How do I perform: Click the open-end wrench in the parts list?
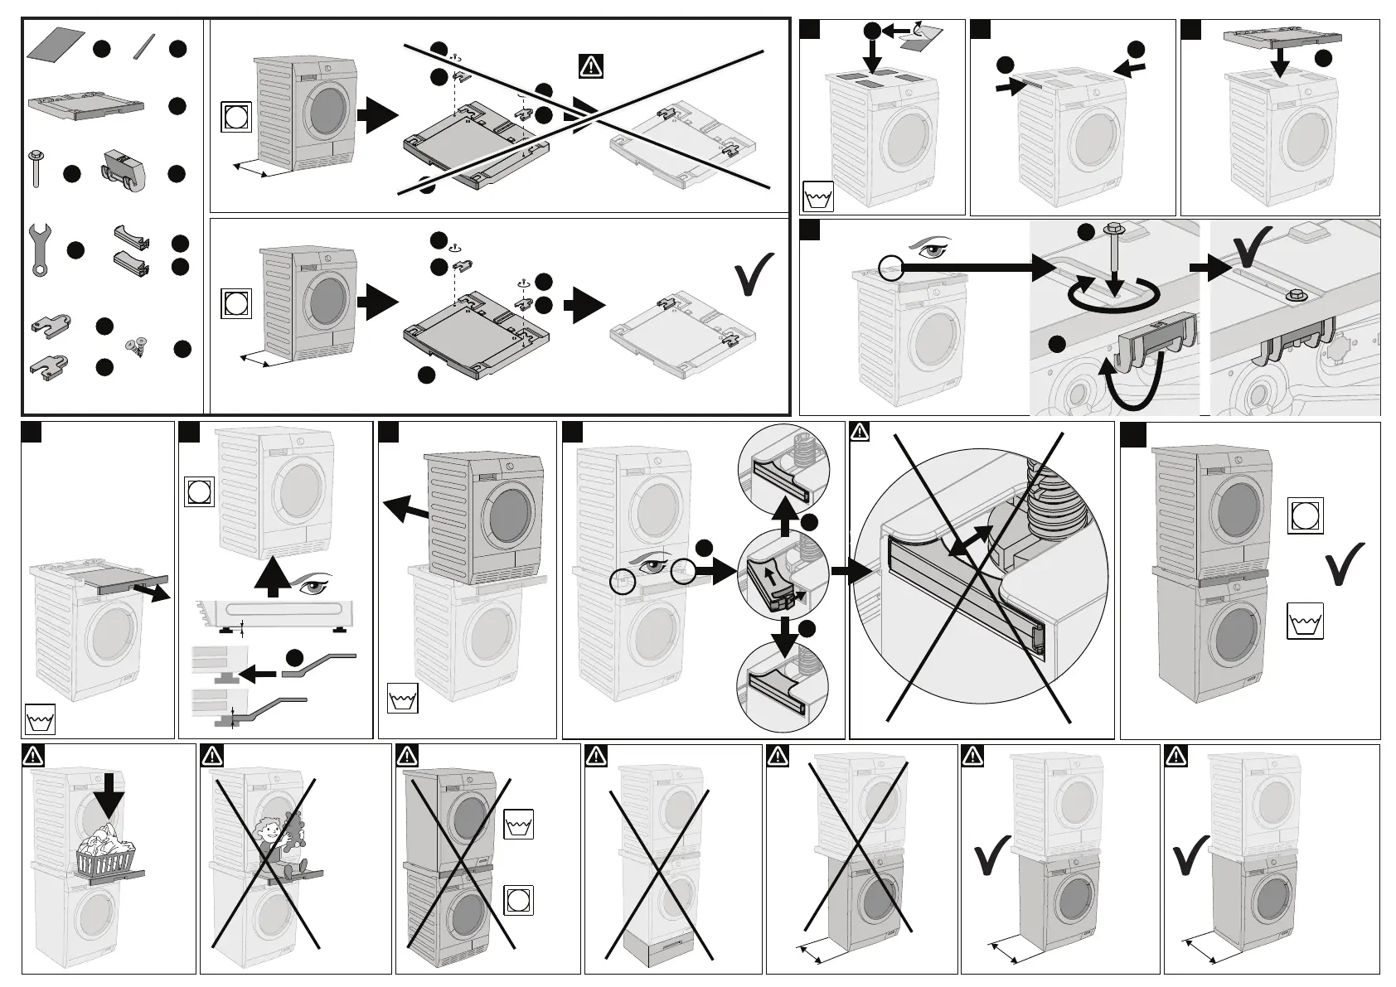pos(36,249)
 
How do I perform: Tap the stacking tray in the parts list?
pos(86,106)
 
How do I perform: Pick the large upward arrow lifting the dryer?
pos(271,577)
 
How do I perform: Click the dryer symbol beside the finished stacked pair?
pos(1306,515)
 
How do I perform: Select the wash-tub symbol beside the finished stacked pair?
pos(1306,622)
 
